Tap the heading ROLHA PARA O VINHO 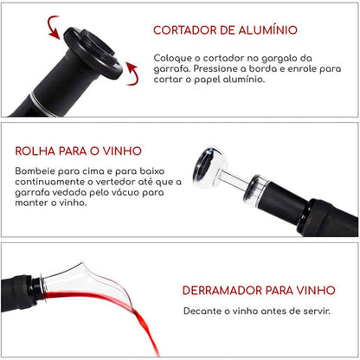tap(78, 151)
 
